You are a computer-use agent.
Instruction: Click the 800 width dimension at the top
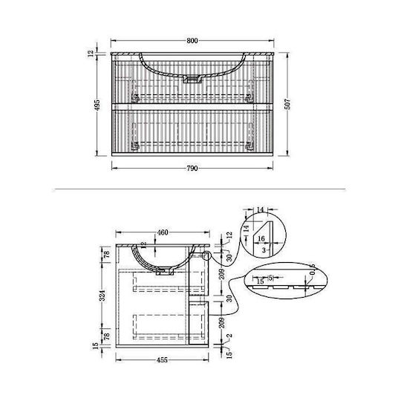[x=192, y=41]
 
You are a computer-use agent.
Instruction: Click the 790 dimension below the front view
[x=192, y=169]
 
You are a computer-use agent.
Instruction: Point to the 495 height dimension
[x=97, y=105]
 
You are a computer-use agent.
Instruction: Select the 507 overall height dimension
[x=287, y=104]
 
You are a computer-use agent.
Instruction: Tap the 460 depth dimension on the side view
[x=163, y=232]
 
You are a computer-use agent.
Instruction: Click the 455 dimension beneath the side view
[x=162, y=360]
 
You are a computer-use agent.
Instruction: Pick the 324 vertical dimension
[x=102, y=296]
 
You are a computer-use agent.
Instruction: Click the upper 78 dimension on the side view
[x=107, y=255]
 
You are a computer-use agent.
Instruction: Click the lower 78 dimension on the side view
[x=107, y=336]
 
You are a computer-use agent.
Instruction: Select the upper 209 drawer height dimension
[x=222, y=274]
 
